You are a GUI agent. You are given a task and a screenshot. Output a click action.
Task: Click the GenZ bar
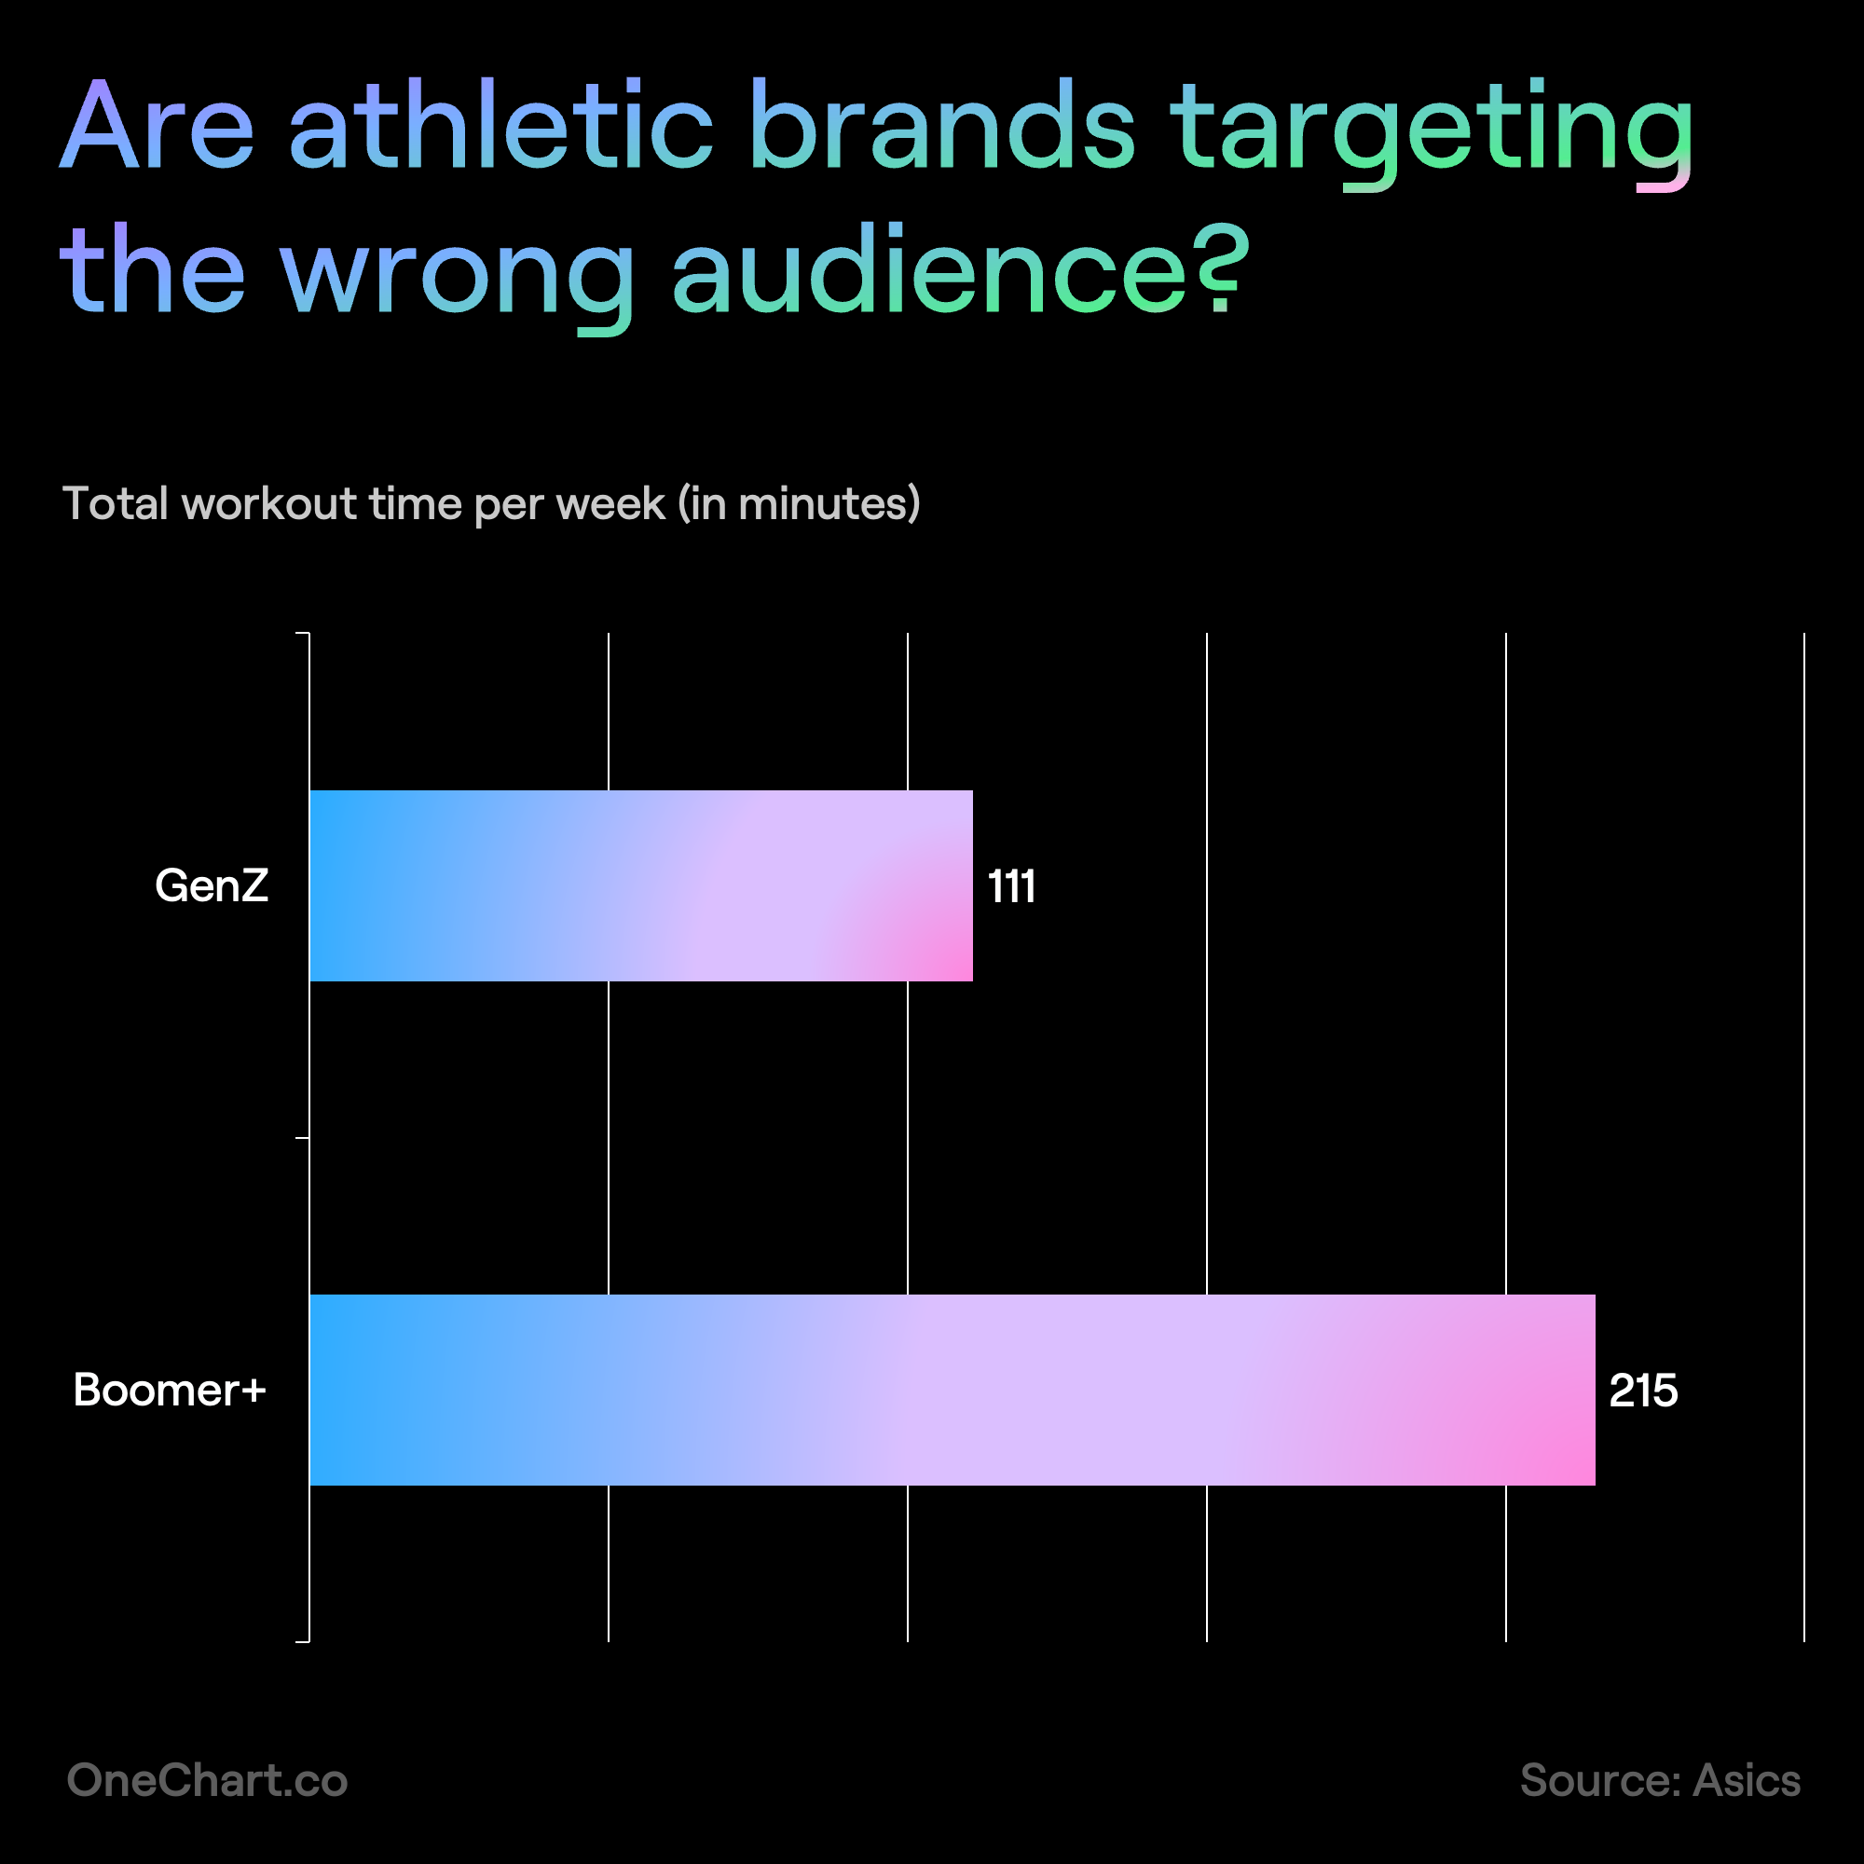(640, 885)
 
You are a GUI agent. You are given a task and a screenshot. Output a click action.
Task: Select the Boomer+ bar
(953, 1390)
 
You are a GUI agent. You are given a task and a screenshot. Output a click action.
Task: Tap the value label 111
(1012, 885)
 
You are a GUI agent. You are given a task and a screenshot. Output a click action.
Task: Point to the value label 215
(1643, 1391)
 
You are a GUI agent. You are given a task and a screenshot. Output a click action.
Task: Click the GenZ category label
(212, 885)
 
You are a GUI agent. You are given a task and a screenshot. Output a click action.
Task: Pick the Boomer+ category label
(170, 1391)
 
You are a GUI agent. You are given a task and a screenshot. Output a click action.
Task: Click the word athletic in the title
(500, 126)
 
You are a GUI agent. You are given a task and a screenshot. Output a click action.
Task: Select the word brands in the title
(942, 126)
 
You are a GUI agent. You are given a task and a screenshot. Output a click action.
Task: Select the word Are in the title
(158, 126)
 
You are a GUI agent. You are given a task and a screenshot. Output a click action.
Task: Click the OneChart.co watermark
(208, 1780)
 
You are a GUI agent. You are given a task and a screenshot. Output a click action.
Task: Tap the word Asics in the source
(1747, 1780)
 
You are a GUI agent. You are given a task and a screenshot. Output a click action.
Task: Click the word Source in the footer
(1601, 1780)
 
